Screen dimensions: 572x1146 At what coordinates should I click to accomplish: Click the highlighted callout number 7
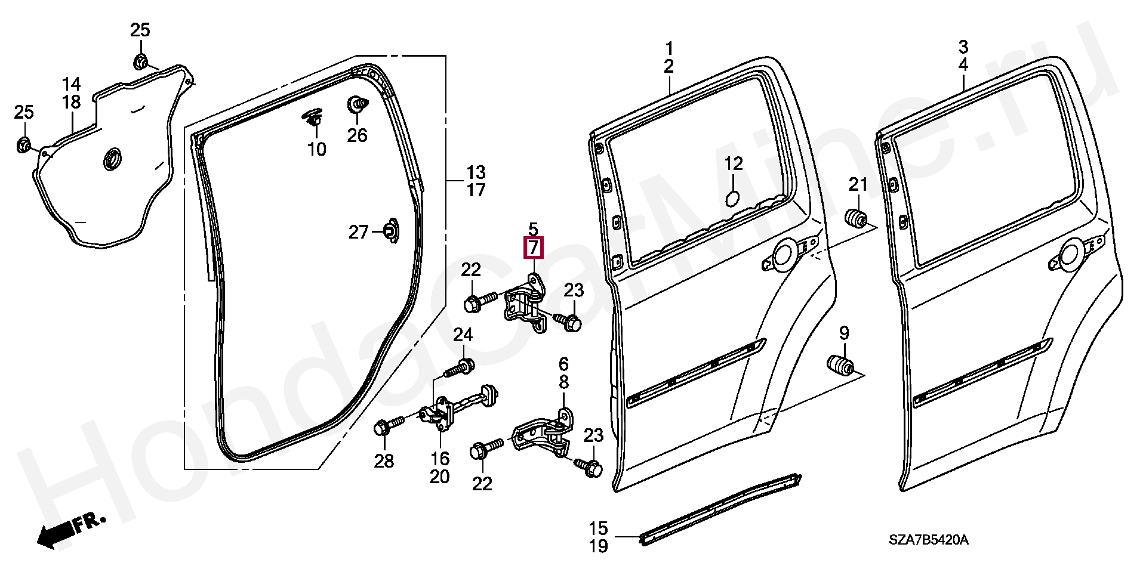(x=533, y=247)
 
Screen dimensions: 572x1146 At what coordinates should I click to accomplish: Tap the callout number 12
(x=734, y=163)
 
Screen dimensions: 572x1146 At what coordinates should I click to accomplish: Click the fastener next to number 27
(x=390, y=231)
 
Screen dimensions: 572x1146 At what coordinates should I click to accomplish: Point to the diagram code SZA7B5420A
(x=928, y=541)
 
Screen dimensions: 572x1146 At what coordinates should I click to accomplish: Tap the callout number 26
(x=357, y=135)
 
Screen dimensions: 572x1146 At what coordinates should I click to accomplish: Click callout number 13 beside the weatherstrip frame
(x=476, y=173)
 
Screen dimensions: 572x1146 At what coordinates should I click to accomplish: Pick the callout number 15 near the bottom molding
(x=598, y=528)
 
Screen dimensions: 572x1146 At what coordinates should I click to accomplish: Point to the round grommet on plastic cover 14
(x=112, y=160)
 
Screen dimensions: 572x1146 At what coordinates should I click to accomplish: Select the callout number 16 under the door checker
(x=440, y=458)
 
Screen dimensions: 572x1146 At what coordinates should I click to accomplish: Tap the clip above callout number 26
(x=356, y=106)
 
